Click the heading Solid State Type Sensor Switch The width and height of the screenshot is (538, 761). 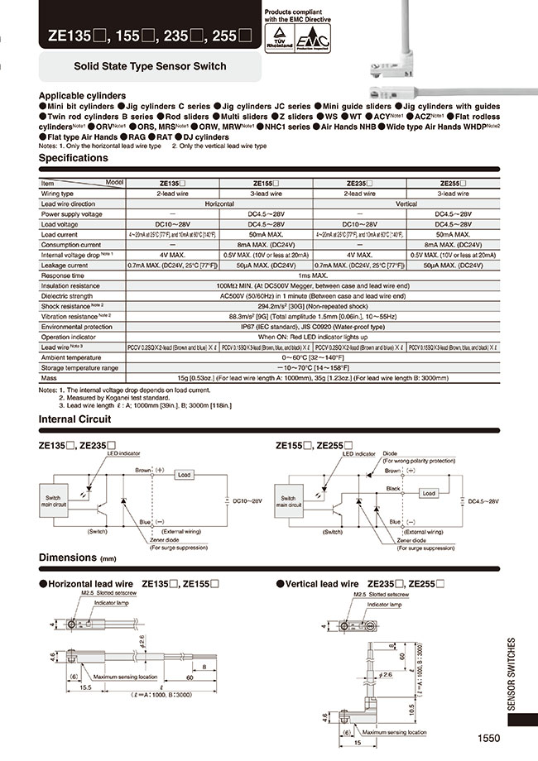click(150, 65)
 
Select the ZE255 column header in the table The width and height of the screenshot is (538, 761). click(455, 182)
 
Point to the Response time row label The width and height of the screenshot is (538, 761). click(65, 275)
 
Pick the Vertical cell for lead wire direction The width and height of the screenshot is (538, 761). click(406, 203)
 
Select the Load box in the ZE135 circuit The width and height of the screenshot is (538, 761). click(184, 475)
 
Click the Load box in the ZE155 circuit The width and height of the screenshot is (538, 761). click(428, 493)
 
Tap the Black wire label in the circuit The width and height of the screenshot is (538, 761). click(395, 489)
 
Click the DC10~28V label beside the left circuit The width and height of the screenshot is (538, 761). click(247, 501)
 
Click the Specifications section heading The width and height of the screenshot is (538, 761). click(74, 157)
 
